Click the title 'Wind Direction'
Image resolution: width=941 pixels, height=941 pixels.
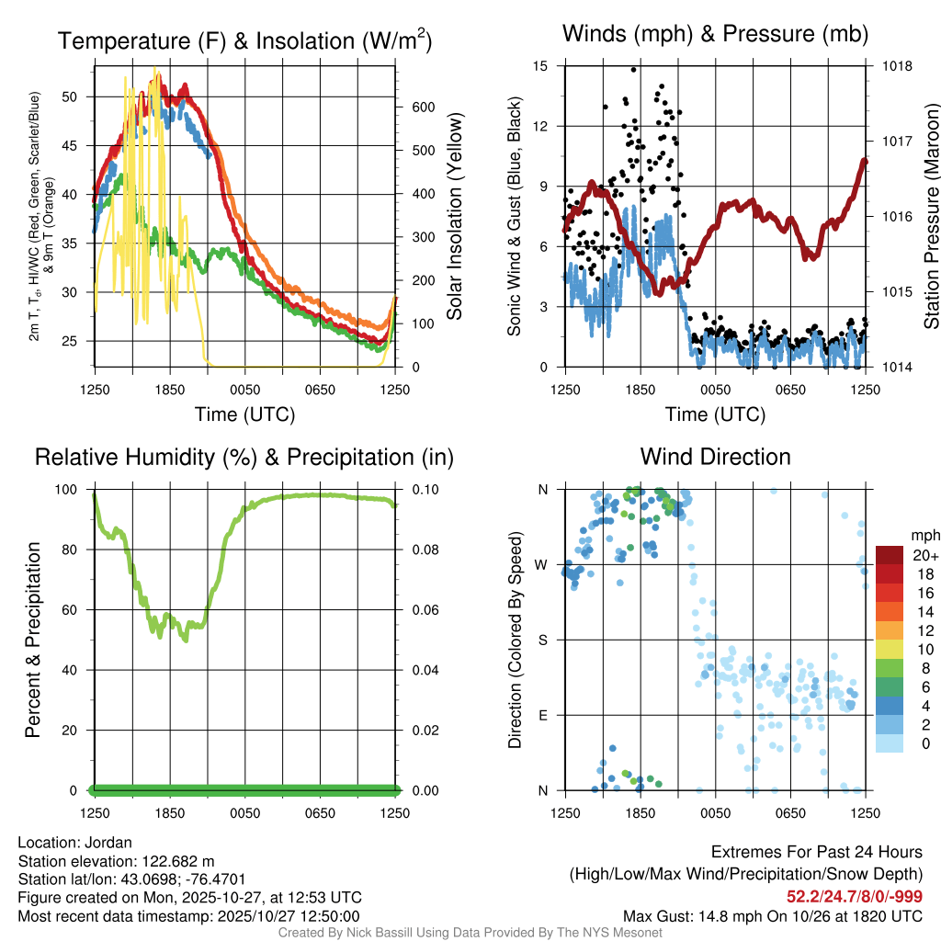(715, 457)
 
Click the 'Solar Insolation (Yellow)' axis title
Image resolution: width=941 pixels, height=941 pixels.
(455, 217)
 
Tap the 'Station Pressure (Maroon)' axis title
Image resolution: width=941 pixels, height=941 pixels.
(931, 217)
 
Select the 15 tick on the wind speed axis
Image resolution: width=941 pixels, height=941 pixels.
(540, 66)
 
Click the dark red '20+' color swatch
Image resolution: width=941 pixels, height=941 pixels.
(890, 555)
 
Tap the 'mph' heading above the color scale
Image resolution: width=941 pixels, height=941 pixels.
(924, 535)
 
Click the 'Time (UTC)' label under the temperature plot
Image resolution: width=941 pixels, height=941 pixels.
(244, 415)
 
